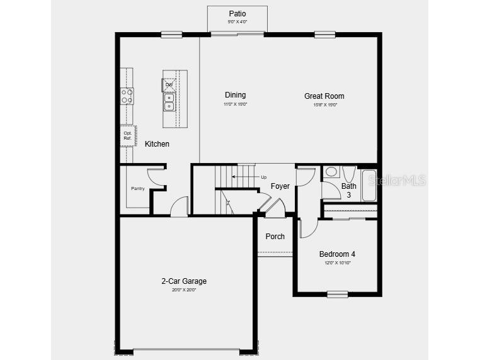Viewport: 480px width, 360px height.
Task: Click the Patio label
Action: tap(237, 14)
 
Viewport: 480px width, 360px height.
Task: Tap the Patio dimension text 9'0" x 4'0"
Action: tap(237, 22)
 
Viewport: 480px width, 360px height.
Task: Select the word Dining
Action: tap(235, 95)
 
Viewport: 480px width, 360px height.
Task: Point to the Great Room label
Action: tap(324, 96)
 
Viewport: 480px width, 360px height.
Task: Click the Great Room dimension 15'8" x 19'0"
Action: tap(325, 104)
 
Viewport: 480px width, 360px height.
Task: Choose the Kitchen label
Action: tap(157, 144)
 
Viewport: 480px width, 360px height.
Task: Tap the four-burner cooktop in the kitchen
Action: tap(127, 96)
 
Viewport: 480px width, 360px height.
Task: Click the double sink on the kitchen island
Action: tap(169, 102)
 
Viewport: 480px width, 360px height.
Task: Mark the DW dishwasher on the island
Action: tap(169, 85)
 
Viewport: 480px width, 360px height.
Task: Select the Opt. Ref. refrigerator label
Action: tap(127, 135)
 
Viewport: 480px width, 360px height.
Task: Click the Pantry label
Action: tap(138, 189)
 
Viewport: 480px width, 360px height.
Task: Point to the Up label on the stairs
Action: tap(263, 177)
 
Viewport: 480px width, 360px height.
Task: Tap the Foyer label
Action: tap(280, 186)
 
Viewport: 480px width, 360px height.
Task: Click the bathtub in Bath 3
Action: tap(369, 185)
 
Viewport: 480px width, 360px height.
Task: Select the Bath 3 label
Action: tap(348, 190)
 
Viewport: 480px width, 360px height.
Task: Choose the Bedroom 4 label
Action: tap(337, 254)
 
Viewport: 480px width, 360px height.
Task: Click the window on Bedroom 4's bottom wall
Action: tap(338, 293)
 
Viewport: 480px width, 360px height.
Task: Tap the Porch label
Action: tap(275, 237)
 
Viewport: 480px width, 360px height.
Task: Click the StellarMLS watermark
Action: tap(397, 181)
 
